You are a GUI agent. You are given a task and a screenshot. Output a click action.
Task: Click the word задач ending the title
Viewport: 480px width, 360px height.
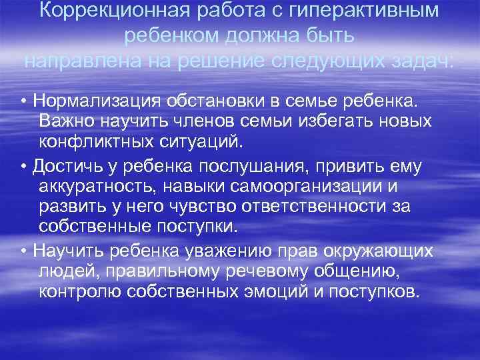pos(423,61)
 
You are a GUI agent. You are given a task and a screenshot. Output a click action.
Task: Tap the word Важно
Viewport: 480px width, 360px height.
pos(67,121)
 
